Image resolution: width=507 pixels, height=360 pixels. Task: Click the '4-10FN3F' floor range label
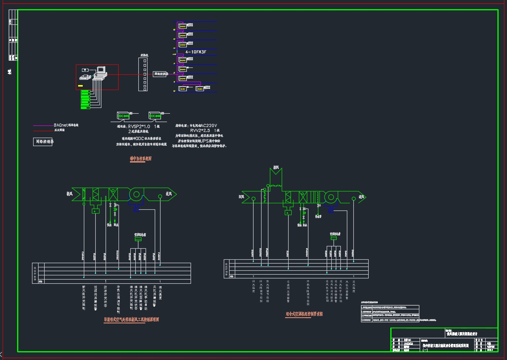pyautogui.click(x=196, y=51)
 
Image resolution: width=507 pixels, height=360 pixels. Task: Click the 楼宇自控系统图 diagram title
pyautogui.click(x=141, y=158)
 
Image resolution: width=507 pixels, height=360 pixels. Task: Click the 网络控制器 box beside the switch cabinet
pyautogui.click(x=160, y=74)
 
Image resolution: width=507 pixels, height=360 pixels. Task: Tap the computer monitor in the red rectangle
pyautogui.click(x=101, y=70)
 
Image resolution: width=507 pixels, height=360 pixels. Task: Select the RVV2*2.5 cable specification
pyautogui.click(x=200, y=130)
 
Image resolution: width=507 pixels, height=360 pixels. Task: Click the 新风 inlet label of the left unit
pyautogui.click(x=69, y=194)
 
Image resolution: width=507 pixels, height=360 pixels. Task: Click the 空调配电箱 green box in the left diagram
pyautogui.click(x=138, y=239)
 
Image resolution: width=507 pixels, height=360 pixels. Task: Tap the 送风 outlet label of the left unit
pyautogui.click(x=169, y=194)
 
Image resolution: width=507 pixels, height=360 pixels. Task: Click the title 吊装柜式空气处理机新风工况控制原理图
pyautogui.click(x=131, y=319)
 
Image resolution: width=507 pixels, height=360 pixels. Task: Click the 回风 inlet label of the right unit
pyautogui.click(x=241, y=197)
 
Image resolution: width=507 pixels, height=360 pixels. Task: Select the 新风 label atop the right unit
pyautogui.click(x=276, y=167)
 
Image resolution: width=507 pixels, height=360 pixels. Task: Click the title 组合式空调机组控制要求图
pyautogui.click(x=304, y=314)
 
